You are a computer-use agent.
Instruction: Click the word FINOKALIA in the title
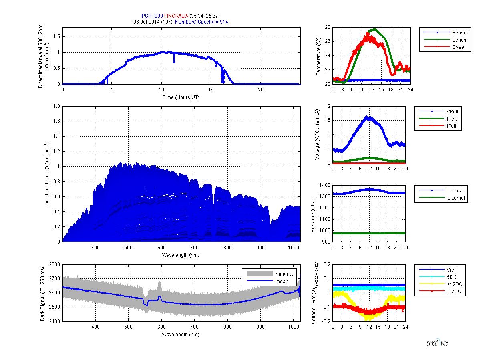pos(176,16)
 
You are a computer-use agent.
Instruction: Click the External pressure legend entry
pos(456,198)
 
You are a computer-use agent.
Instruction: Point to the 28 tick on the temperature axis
pos(327,27)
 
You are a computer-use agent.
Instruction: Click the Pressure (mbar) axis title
pos(313,214)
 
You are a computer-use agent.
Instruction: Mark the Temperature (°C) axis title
pos(318,56)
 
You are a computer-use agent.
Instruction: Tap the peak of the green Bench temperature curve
pos(374,29)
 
